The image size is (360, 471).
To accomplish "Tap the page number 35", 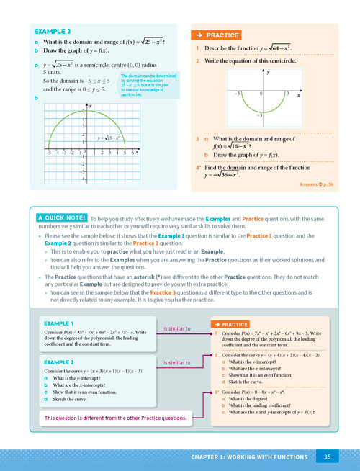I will (x=327, y=457).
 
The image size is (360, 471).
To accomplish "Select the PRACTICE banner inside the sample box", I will (x=230, y=326).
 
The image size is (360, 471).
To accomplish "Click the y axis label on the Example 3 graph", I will (x=89, y=106).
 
